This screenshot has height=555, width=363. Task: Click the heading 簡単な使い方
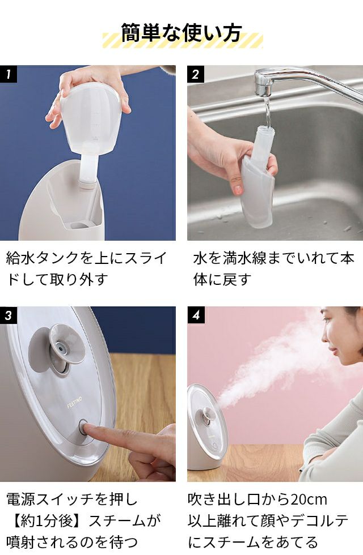(x=181, y=33)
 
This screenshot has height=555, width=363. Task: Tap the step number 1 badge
(x=9, y=74)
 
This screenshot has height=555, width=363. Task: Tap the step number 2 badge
(x=196, y=74)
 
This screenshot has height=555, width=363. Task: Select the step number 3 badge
(x=9, y=315)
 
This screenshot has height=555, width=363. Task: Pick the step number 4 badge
(x=196, y=315)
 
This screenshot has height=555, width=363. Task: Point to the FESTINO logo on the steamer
(x=74, y=403)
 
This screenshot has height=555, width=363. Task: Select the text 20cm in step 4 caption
(x=309, y=499)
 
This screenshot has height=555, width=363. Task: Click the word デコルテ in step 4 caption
(x=319, y=520)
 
